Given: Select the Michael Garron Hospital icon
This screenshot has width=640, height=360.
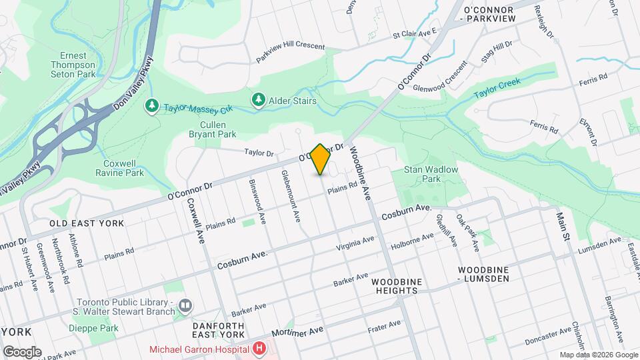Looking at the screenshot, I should tap(259, 348).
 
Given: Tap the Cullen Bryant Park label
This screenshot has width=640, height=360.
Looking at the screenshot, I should tap(218, 129).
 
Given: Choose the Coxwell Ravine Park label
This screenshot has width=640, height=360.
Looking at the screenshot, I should tap(124, 168).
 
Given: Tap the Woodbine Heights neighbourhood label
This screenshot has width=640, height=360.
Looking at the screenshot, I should tap(397, 287).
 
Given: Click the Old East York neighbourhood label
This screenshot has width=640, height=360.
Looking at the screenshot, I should tap(87, 223).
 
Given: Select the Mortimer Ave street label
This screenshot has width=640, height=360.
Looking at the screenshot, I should tap(297, 331).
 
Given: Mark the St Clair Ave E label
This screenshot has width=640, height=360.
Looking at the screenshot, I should tap(414, 32).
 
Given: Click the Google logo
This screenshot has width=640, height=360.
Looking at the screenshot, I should tap(22, 351).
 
